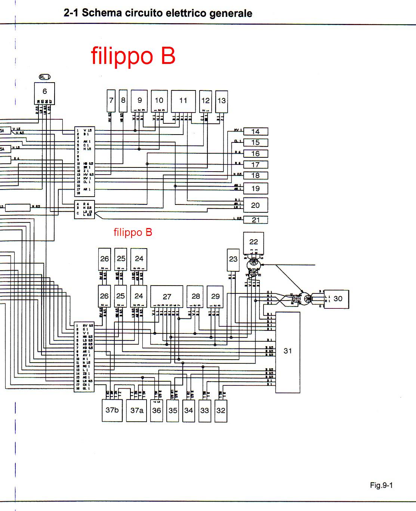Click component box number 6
pos(44,92)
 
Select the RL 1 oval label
pos(44,77)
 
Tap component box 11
pos(183,100)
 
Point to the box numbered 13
pos(221,101)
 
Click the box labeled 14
pos(255,132)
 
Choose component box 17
pos(255,164)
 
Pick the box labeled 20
pos(255,205)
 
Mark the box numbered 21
pos(255,220)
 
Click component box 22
pos(253,242)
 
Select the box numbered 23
pos(233,259)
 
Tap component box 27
pos(167,296)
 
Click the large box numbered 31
pos(287,351)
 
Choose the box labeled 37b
pos(112,410)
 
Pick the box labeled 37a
pos(137,410)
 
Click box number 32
pos(221,410)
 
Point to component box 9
pos(140,100)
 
